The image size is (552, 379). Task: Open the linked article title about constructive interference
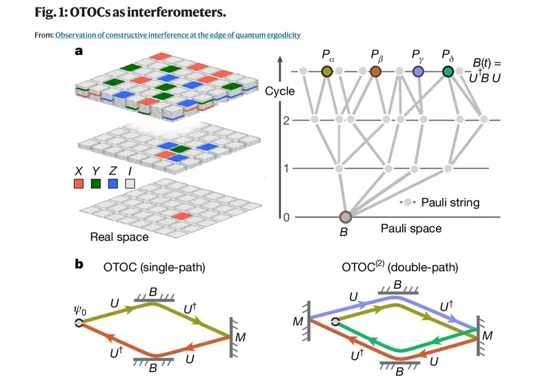click(x=178, y=35)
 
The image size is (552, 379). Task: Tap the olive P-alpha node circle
click(x=328, y=71)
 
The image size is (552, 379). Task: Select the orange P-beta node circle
click(x=375, y=71)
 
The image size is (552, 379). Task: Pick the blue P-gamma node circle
click(x=417, y=71)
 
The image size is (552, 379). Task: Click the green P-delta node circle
click(x=448, y=71)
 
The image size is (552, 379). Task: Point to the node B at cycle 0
click(x=345, y=217)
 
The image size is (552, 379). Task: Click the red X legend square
click(x=79, y=184)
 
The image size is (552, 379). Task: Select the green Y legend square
click(x=96, y=184)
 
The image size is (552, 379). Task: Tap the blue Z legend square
click(x=112, y=184)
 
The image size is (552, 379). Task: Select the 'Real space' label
click(x=119, y=237)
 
